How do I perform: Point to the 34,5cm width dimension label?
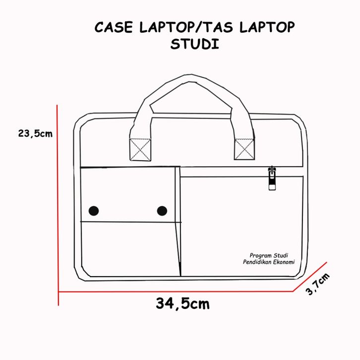pyautogui.click(x=182, y=303)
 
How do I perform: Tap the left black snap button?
pyautogui.click(x=94, y=211)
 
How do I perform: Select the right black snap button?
pyautogui.click(x=162, y=211)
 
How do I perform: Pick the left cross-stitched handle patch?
pyautogui.click(x=139, y=149)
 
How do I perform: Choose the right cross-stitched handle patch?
pyautogui.click(x=243, y=148)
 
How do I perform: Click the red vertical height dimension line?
pyautogui.click(x=58, y=198)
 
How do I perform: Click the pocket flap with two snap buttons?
pyautogui.click(x=127, y=194)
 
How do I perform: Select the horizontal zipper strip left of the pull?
pyautogui.click(x=223, y=172)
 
